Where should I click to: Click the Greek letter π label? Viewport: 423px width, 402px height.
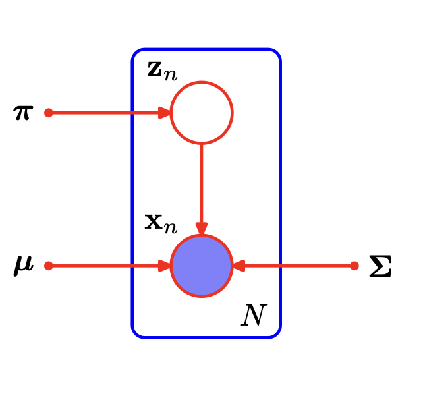23,113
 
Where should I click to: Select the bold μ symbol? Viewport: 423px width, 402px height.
23,266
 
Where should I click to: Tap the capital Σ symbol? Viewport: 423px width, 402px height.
380,266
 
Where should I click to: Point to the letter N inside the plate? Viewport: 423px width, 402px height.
253,316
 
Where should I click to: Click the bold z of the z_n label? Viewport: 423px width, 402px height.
155,69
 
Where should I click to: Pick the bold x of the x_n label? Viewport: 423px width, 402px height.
154,221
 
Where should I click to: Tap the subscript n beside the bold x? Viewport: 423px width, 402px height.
171,227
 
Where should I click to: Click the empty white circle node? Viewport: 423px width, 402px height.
202,113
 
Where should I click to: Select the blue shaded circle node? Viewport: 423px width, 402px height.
202,266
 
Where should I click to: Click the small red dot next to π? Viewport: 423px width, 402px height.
48,113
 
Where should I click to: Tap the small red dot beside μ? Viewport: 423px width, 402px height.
48,266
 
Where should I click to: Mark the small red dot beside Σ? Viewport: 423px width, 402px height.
354,266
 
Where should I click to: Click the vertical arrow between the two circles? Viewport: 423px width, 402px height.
202,185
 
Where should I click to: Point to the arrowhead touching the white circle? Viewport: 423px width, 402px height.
165,113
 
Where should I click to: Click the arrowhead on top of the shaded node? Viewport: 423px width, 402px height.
202,229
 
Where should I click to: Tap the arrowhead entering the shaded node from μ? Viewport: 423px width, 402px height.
165,266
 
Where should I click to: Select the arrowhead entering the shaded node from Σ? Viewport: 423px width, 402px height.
239,266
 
